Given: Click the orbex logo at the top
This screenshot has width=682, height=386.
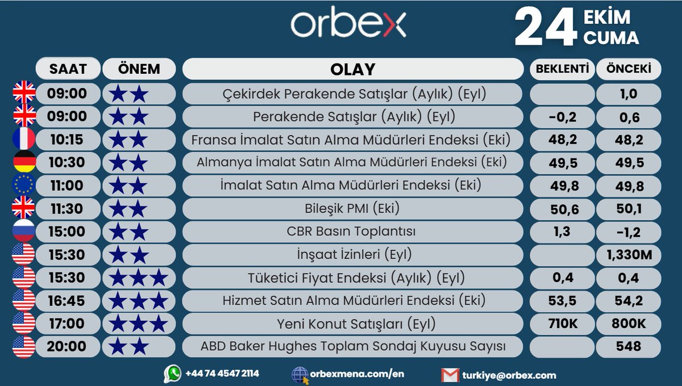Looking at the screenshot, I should pyautogui.click(x=348, y=24).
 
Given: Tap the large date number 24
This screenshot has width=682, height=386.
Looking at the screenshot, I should pyautogui.click(x=546, y=27).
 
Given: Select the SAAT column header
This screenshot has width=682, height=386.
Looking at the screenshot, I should pyautogui.click(x=68, y=69).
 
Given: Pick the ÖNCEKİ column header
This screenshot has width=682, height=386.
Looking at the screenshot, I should pyautogui.click(x=629, y=69).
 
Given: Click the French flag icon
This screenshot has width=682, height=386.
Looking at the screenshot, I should pyautogui.click(x=24, y=139).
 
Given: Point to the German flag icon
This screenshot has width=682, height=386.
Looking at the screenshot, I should pyautogui.click(x=24, y=162).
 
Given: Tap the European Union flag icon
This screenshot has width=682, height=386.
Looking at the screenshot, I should pyautogui.click(x=24, y=185).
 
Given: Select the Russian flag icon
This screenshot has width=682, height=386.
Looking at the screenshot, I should pyautogui.click(x=24, y=232).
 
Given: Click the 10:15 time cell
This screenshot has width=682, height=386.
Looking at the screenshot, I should pyautogui.click(x=68, y=139).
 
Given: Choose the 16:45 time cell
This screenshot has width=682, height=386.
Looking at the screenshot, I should pyautogui.click(x=68, y=300).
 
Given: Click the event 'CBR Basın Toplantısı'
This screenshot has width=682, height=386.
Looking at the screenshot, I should pyautogui.click(x=352, y=232).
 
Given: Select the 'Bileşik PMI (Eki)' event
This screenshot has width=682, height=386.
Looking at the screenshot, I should pyautogui.click(x=352, y=208).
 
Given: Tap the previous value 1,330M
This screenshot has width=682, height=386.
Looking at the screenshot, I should pyautogui.click(x=629, y=255).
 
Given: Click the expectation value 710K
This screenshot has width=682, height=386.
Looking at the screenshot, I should pyautogui.click(x=562, y=324).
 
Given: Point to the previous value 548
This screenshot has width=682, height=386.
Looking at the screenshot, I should pyautogui.click(x=629, y=346).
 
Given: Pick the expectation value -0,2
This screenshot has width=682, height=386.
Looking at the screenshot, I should pyautogui.click(x=562, y=116).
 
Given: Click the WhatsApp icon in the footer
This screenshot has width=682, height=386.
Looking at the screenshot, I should pyautogui.click(x=172, y=374).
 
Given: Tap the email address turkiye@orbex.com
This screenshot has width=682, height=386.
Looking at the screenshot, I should pyautogui.click(x=508, y=375).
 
